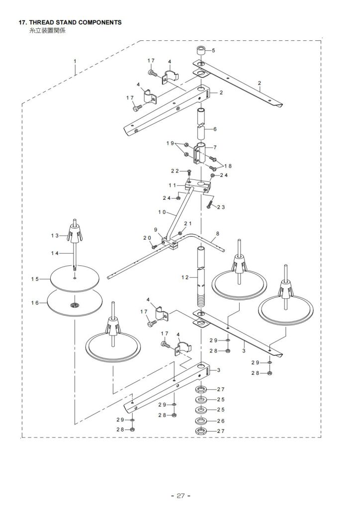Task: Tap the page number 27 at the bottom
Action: pos(180,496)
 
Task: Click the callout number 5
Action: pos(213,50)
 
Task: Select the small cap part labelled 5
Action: pos(200,52)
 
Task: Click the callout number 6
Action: pos(215,129)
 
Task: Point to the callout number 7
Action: pos(215,147)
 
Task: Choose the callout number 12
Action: pos(185,277)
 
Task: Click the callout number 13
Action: pos(55,235)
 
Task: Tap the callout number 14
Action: pos(55,253)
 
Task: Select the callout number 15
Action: pos(35,279)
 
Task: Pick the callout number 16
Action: pos(35,303)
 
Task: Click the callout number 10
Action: pos(162,212)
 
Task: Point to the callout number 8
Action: pos(217,234)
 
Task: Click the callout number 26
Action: pos(221,421)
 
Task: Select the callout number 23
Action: pos(221,207)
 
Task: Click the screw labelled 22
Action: pos(189,172)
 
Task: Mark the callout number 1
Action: pos(75,61)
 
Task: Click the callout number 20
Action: pos(147,238)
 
